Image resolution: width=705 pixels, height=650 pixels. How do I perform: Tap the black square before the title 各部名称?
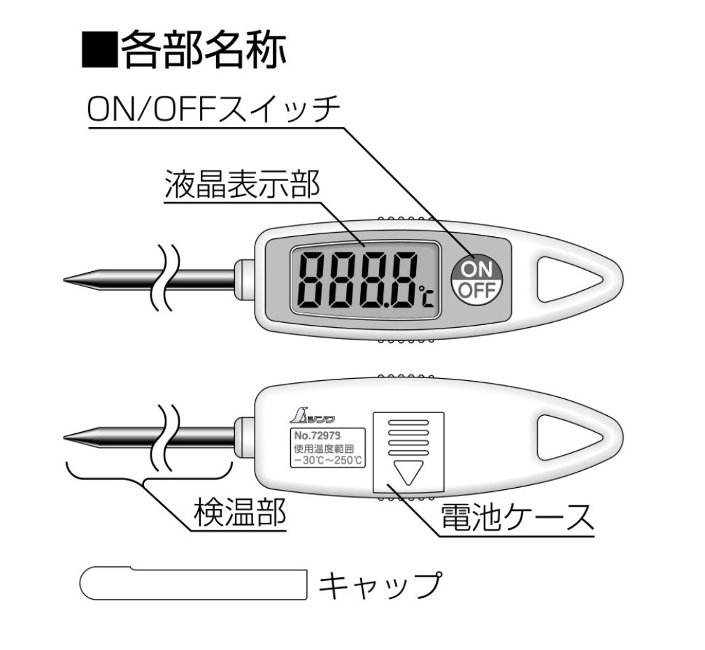(99, 50)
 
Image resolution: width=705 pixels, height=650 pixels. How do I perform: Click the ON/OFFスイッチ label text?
(213, 109)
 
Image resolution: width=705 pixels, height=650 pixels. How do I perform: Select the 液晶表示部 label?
(242, 184)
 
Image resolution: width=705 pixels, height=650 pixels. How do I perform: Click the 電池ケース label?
(517, 517)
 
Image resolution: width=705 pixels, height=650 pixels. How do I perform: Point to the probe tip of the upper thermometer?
(64, 280)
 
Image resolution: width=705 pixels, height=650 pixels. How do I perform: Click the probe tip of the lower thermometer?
(64, 437)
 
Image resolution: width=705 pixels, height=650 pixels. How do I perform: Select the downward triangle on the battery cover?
(408, 471)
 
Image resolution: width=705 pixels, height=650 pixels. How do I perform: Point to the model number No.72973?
(318, 435)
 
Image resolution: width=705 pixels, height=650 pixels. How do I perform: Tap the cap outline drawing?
(193, 584)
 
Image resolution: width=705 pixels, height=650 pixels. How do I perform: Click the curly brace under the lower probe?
(145, 476)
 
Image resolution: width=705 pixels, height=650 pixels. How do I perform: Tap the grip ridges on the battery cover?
(408, 437)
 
